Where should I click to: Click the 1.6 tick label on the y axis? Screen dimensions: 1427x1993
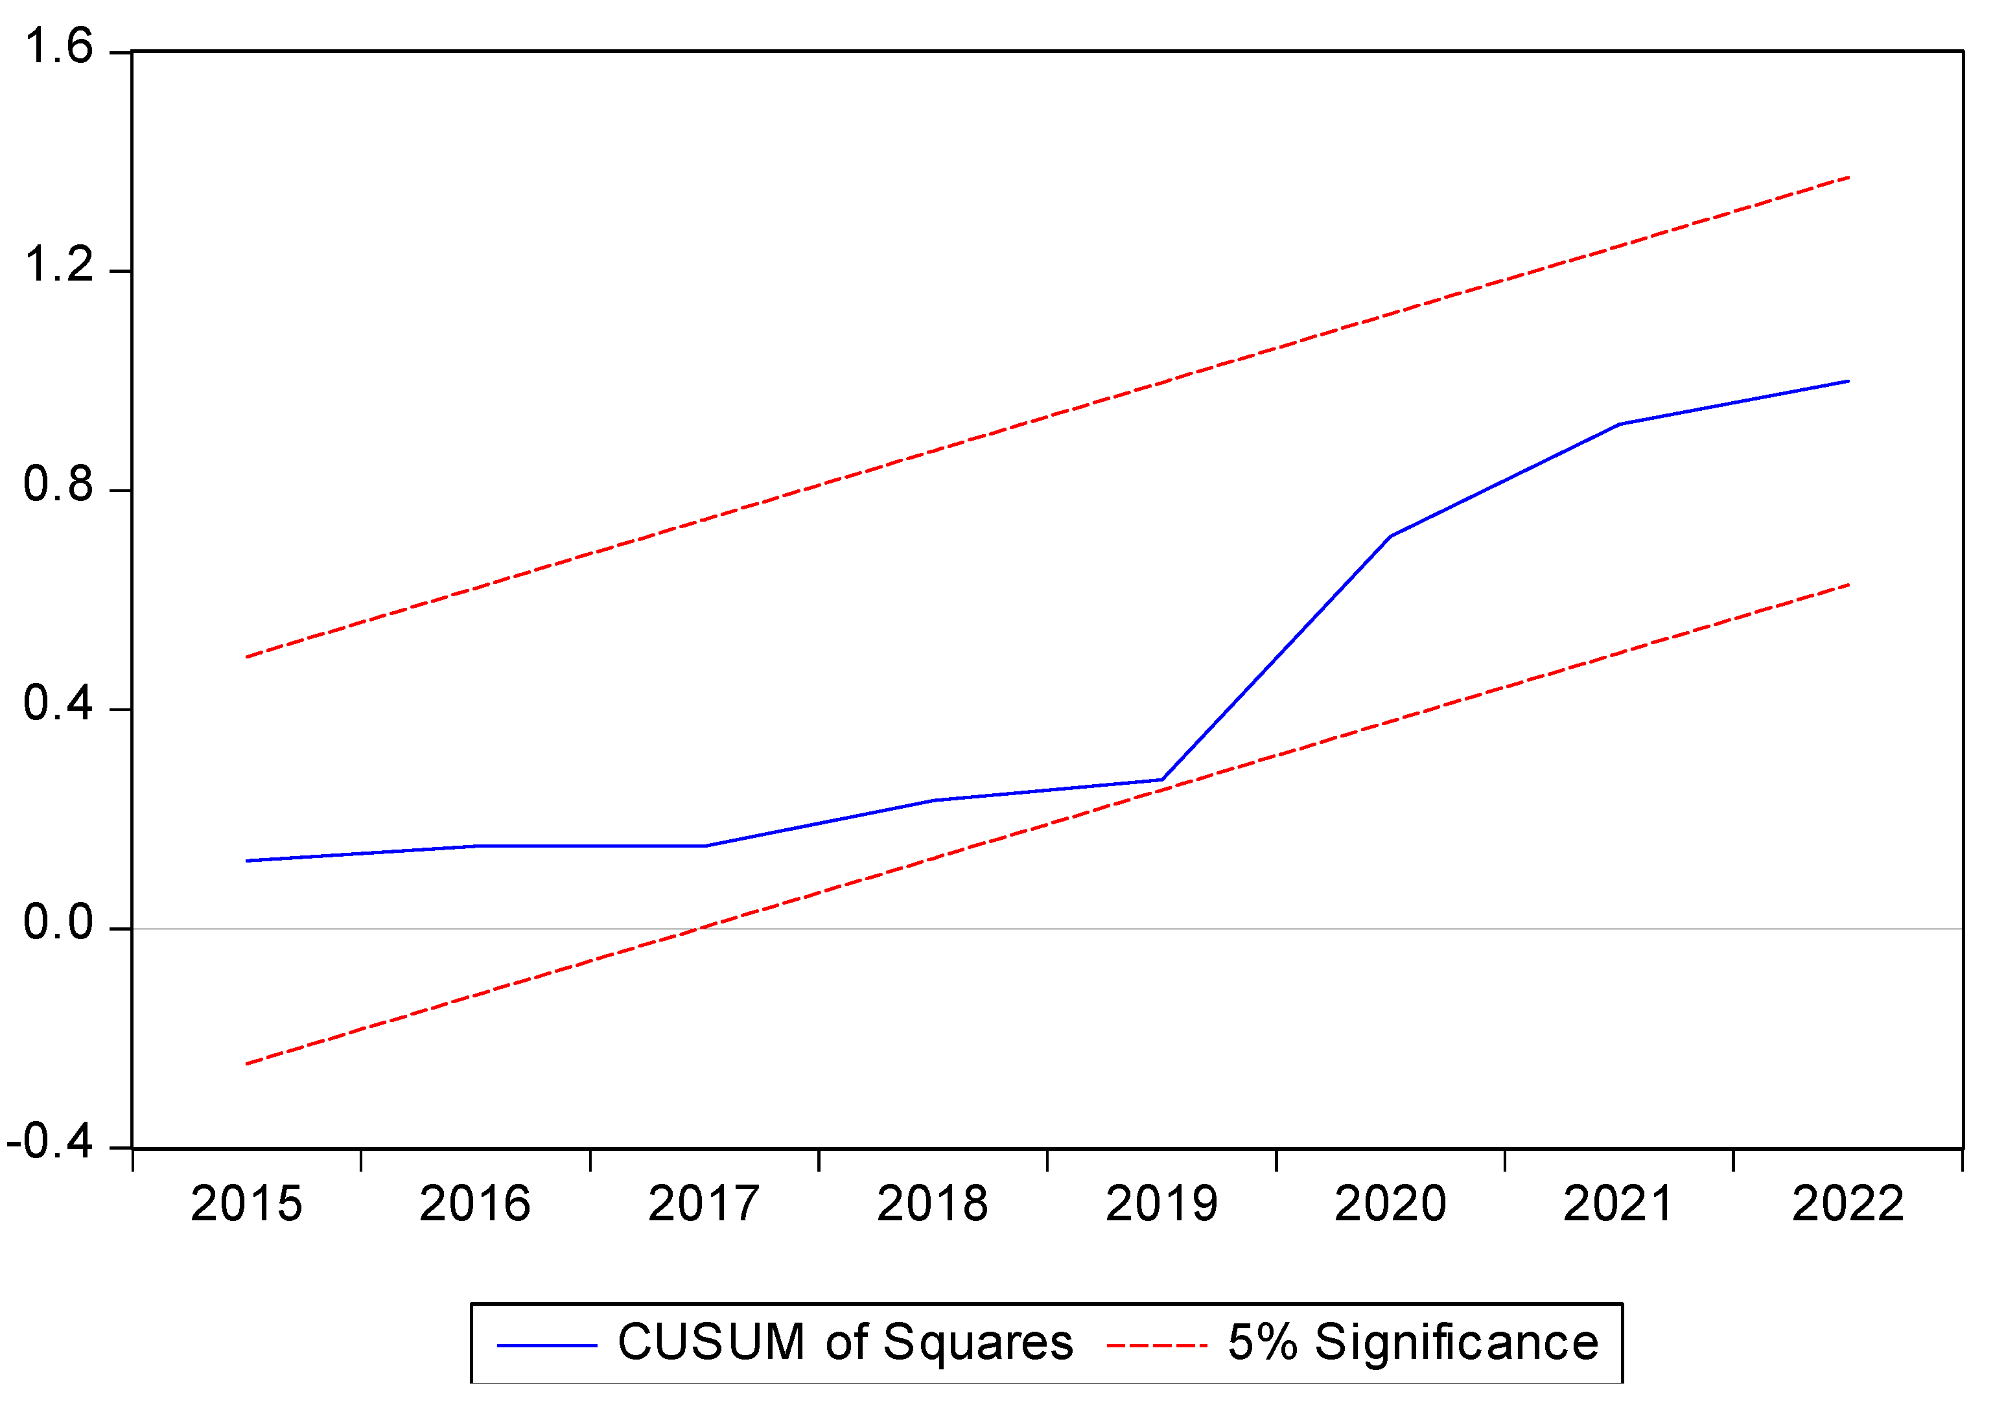click(x=58, y=47)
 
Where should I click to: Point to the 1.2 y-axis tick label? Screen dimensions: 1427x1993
click(x=58, y=265)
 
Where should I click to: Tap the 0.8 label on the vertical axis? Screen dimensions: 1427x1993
click(x=58, y=485)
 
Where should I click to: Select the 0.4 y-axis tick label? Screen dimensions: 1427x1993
click(x=58, y=704)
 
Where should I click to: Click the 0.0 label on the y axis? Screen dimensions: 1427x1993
click(x=58, y=923)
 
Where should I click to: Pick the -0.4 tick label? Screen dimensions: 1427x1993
click(x=49, y=1143)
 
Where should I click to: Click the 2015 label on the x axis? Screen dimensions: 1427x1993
click(x=246, y=1205)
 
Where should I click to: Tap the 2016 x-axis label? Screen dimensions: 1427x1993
click(x=474, y=1205)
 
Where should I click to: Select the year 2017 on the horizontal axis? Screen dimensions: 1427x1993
click(x=704, y=1205)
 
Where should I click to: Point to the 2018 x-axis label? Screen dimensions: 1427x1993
click(x=933, y=1205)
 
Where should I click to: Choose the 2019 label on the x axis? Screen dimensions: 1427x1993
click(x=1161, y=1205)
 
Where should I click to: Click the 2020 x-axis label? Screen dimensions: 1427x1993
click(x=1390, y=1205)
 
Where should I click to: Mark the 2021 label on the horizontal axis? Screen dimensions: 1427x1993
click(x=1618, y=1205)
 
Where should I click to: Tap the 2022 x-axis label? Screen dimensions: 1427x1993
click(x=1848, y=1205)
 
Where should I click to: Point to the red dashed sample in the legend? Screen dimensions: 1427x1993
click(x=1156, y=1345)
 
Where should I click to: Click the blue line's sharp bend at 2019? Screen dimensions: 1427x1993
click(x=1161, y=780)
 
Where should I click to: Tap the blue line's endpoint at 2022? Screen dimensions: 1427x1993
click(x=1849, y=381)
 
